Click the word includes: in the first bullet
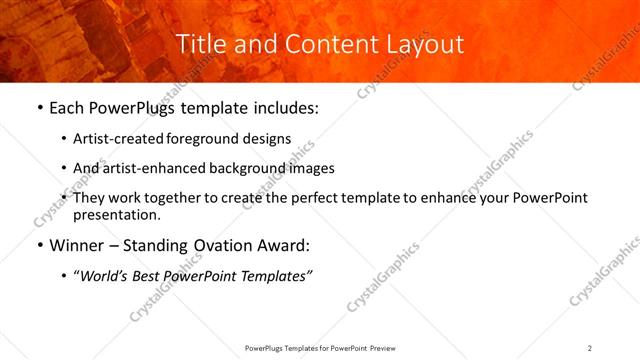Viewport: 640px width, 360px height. click(285, 107)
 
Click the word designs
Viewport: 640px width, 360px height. click(268, 138)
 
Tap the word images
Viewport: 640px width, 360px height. click(309, 168)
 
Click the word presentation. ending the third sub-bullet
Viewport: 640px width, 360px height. click(116, 214)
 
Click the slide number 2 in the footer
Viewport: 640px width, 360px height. click(590, 348)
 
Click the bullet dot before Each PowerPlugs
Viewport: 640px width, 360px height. click(39, 107)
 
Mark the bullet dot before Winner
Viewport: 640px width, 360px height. click(39, 245)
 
